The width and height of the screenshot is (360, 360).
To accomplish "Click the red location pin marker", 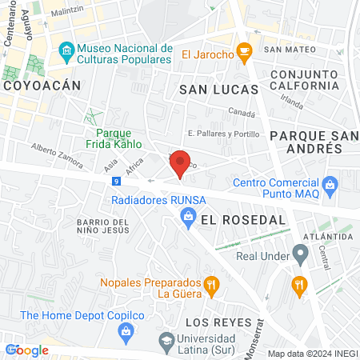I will pos(181,164).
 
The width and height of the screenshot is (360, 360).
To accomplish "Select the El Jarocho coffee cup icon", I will pos(246,54).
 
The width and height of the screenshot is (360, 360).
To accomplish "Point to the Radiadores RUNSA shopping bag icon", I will pos(188,215).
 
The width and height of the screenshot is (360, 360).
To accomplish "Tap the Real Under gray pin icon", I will pos(301,256).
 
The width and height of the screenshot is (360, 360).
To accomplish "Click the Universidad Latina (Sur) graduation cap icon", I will pos(166,339).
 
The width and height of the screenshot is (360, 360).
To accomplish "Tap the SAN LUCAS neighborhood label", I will pos(218,89).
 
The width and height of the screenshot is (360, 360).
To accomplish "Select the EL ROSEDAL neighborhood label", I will pos(233,218).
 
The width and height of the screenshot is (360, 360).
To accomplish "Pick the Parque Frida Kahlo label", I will pos(118,139).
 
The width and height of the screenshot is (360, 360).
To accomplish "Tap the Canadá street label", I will pos(242,113).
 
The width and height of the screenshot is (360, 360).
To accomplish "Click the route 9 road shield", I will pos(117,181).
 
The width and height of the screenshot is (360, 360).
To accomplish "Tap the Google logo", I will pos(27,350).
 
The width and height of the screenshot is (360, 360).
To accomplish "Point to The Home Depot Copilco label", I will pos(82,315).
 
